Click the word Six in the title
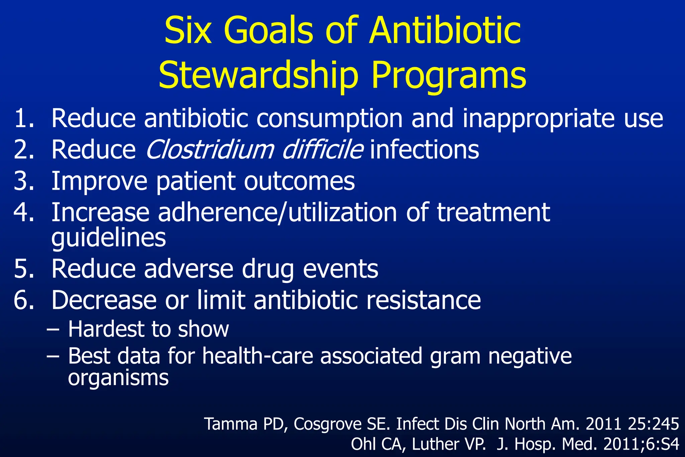[x=188, y=31]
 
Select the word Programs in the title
[x=449, y=76]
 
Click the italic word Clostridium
[x=210, y=150]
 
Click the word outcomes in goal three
[x=299, y=181]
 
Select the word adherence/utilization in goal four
[x=277, y=212]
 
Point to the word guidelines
[x=109, y=238]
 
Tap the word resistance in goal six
[x=423, y=300]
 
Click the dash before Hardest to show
[x=53, y=329]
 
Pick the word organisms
[x=118, y=378]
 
